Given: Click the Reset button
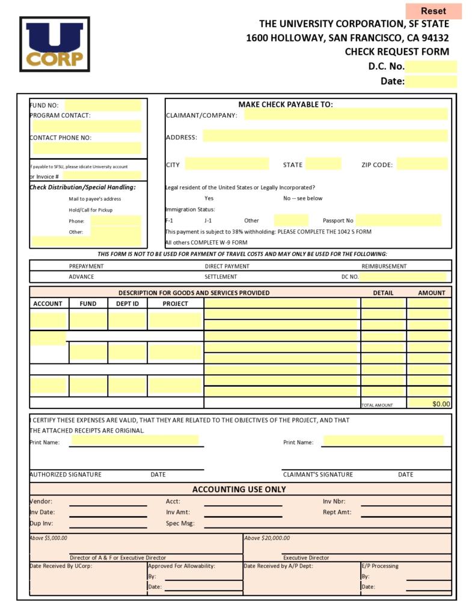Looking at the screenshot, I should (x=433, y=11).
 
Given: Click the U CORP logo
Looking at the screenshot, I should (x=55, y=44).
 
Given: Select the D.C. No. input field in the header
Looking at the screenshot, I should (x=431, y=67).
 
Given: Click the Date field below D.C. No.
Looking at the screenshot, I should (x=431, y=82).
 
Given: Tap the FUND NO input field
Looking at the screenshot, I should (x=102, y=105).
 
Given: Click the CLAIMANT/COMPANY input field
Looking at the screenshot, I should (x=346, y=115).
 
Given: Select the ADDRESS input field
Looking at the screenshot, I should (x=325, y=136).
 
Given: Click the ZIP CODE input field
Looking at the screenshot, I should (x=421, y=164).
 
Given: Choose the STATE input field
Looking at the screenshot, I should (x=323, y=164).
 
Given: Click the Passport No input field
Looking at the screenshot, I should (x=399, y=220).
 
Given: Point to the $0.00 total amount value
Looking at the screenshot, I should (x=441, y=404).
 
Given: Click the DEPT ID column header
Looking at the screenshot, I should (x=127, y=304).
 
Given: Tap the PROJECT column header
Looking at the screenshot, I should (x=175, y=304).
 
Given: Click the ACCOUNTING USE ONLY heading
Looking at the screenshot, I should (x=239, y=489).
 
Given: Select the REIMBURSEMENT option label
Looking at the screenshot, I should (x=384, y=266).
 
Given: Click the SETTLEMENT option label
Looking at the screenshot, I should (x=221, y=277).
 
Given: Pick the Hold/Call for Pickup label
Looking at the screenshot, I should (x=90, y=210).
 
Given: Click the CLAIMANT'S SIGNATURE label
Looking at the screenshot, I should (x=317, y=475).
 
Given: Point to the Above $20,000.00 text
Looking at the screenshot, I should (x=267, y=538).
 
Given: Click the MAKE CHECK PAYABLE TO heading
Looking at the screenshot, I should (x=285, y=104).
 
